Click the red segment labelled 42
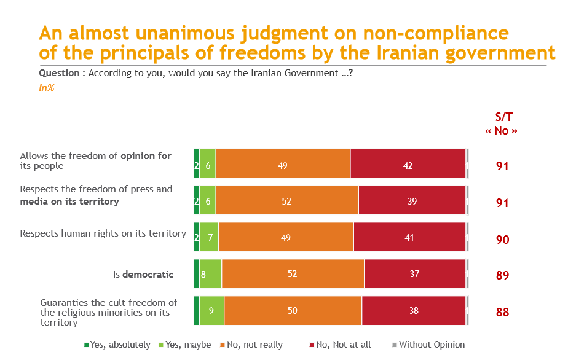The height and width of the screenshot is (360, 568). [408, 163]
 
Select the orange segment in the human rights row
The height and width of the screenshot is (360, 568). [286, 237]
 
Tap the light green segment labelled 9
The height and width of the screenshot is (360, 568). [211, 310]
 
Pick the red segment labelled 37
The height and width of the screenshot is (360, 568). [415, 274]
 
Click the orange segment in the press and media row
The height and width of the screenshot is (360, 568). [287, 200]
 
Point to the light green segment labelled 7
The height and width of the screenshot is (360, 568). [209, 237]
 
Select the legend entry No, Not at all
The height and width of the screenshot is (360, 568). [340, 345]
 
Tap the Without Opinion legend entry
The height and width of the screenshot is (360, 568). [428, 345]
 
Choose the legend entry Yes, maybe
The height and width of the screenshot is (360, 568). [185, 345]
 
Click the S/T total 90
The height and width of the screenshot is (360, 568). [502, 240]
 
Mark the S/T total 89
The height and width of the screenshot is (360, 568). [502, 275]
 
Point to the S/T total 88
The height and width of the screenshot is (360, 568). [502, 312]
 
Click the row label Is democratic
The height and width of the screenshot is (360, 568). [143, 274]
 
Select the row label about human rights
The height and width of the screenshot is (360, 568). [103, 233]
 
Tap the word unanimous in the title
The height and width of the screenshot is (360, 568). [185, 33]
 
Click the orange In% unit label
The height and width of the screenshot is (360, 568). [47, 88]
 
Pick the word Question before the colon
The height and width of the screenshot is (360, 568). [59, 73]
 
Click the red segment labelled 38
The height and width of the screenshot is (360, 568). [414, 310]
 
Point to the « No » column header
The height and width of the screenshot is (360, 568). [502, 130]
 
